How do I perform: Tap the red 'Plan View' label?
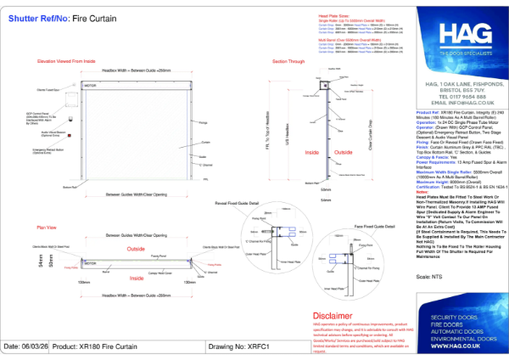(46, 228)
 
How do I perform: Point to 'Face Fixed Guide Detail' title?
(370, 228)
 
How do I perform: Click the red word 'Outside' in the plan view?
(137, 249)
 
